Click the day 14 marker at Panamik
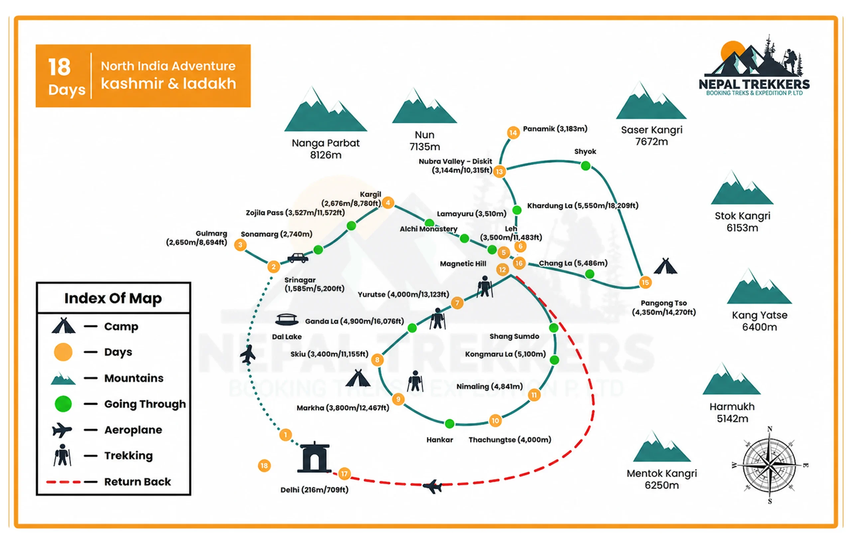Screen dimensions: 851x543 (513, 133)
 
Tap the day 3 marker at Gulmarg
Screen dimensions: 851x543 (240, 245)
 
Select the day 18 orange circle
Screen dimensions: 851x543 (264, 466)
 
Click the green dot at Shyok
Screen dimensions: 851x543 (586, 166)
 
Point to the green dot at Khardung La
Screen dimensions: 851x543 (517, 210)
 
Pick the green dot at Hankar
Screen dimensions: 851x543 (449, 423)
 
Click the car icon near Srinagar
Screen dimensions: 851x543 (298, 258)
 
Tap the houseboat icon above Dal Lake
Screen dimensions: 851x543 (287, 319)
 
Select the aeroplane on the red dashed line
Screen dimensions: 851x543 (432, 487)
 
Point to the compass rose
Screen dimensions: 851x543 (770, 465)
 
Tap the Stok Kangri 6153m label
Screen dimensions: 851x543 (742, 222)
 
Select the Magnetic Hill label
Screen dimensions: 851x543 (463, 264)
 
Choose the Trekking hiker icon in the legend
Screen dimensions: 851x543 (62, 455)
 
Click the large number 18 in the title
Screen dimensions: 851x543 (60, 67)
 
